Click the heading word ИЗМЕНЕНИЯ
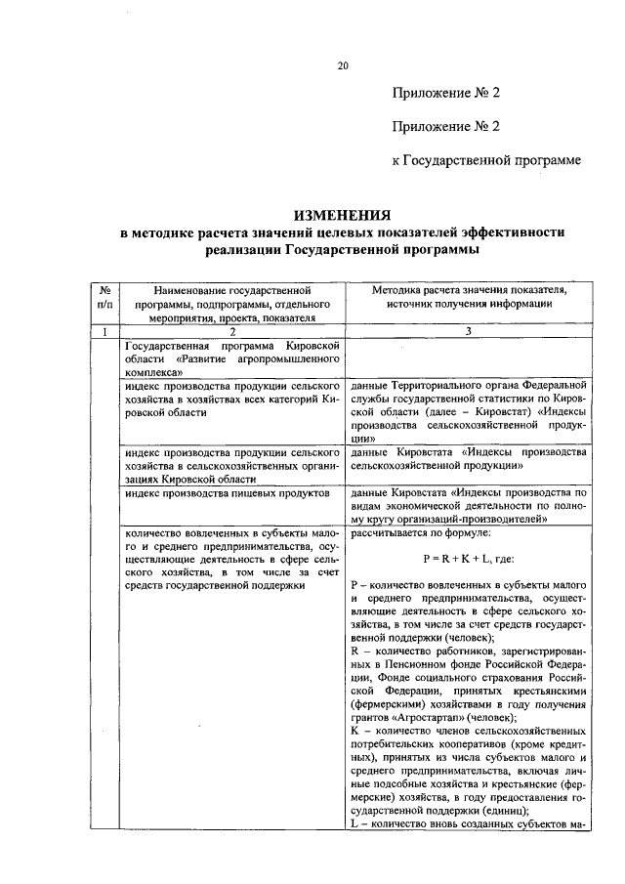click(343, 215)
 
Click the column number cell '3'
click(468, 331)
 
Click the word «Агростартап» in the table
click(423, 718)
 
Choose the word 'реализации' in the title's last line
click(244, 251)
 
